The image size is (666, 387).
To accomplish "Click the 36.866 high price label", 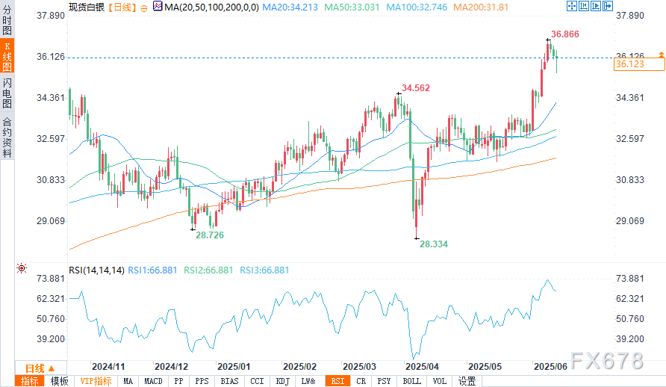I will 565,34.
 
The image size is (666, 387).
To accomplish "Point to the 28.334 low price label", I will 434,244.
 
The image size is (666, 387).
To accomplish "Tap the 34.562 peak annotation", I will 416,88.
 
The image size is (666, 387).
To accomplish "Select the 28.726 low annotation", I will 210,235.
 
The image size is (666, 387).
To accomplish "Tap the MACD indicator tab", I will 153,381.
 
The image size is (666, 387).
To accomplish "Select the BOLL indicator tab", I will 411,381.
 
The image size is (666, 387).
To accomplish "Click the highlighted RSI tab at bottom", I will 337,381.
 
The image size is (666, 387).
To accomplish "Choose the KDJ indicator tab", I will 283,381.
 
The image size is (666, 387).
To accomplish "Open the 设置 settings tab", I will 467,381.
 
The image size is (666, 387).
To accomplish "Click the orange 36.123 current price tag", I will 630,65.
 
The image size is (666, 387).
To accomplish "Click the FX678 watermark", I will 605,361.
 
